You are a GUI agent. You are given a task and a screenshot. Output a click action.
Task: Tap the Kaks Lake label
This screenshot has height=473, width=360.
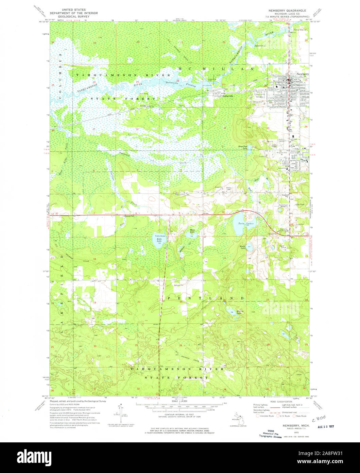click(159, 240)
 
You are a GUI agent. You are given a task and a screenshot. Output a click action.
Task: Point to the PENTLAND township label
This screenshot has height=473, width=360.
click(206, 298)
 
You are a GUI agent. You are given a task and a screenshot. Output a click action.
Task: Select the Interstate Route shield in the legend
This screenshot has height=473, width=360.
click(257, 416)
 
